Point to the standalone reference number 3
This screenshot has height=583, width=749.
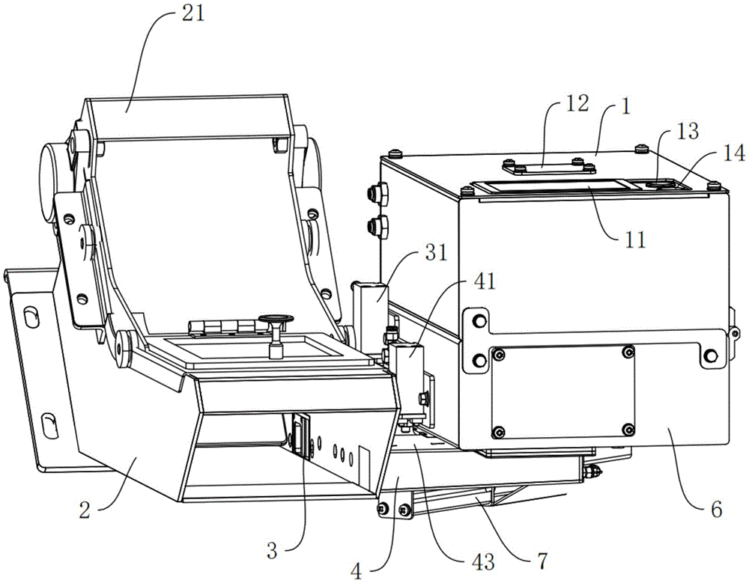[273, 552]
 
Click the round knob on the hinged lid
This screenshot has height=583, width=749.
[275, 322]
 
